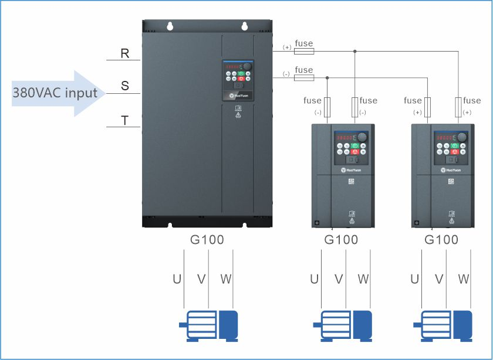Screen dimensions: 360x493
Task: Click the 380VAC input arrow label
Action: [x=55, y=93]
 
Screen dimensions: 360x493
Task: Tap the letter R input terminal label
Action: [x=125, y=53]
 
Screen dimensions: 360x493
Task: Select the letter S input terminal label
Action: [x=125, y=86]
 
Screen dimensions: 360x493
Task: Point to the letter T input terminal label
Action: [x=125, y=120]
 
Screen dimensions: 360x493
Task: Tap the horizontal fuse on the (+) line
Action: [x=304, y=52]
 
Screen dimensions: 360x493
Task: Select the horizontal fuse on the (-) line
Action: [x=304, y=77]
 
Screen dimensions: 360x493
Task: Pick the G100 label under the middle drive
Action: [x=341, y=240]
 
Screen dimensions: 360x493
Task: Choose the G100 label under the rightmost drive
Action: [x=441, y=240]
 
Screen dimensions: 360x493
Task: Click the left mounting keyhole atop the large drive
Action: [x=170, y=26]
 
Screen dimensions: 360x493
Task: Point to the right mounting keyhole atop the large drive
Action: [x=244, y=26]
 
